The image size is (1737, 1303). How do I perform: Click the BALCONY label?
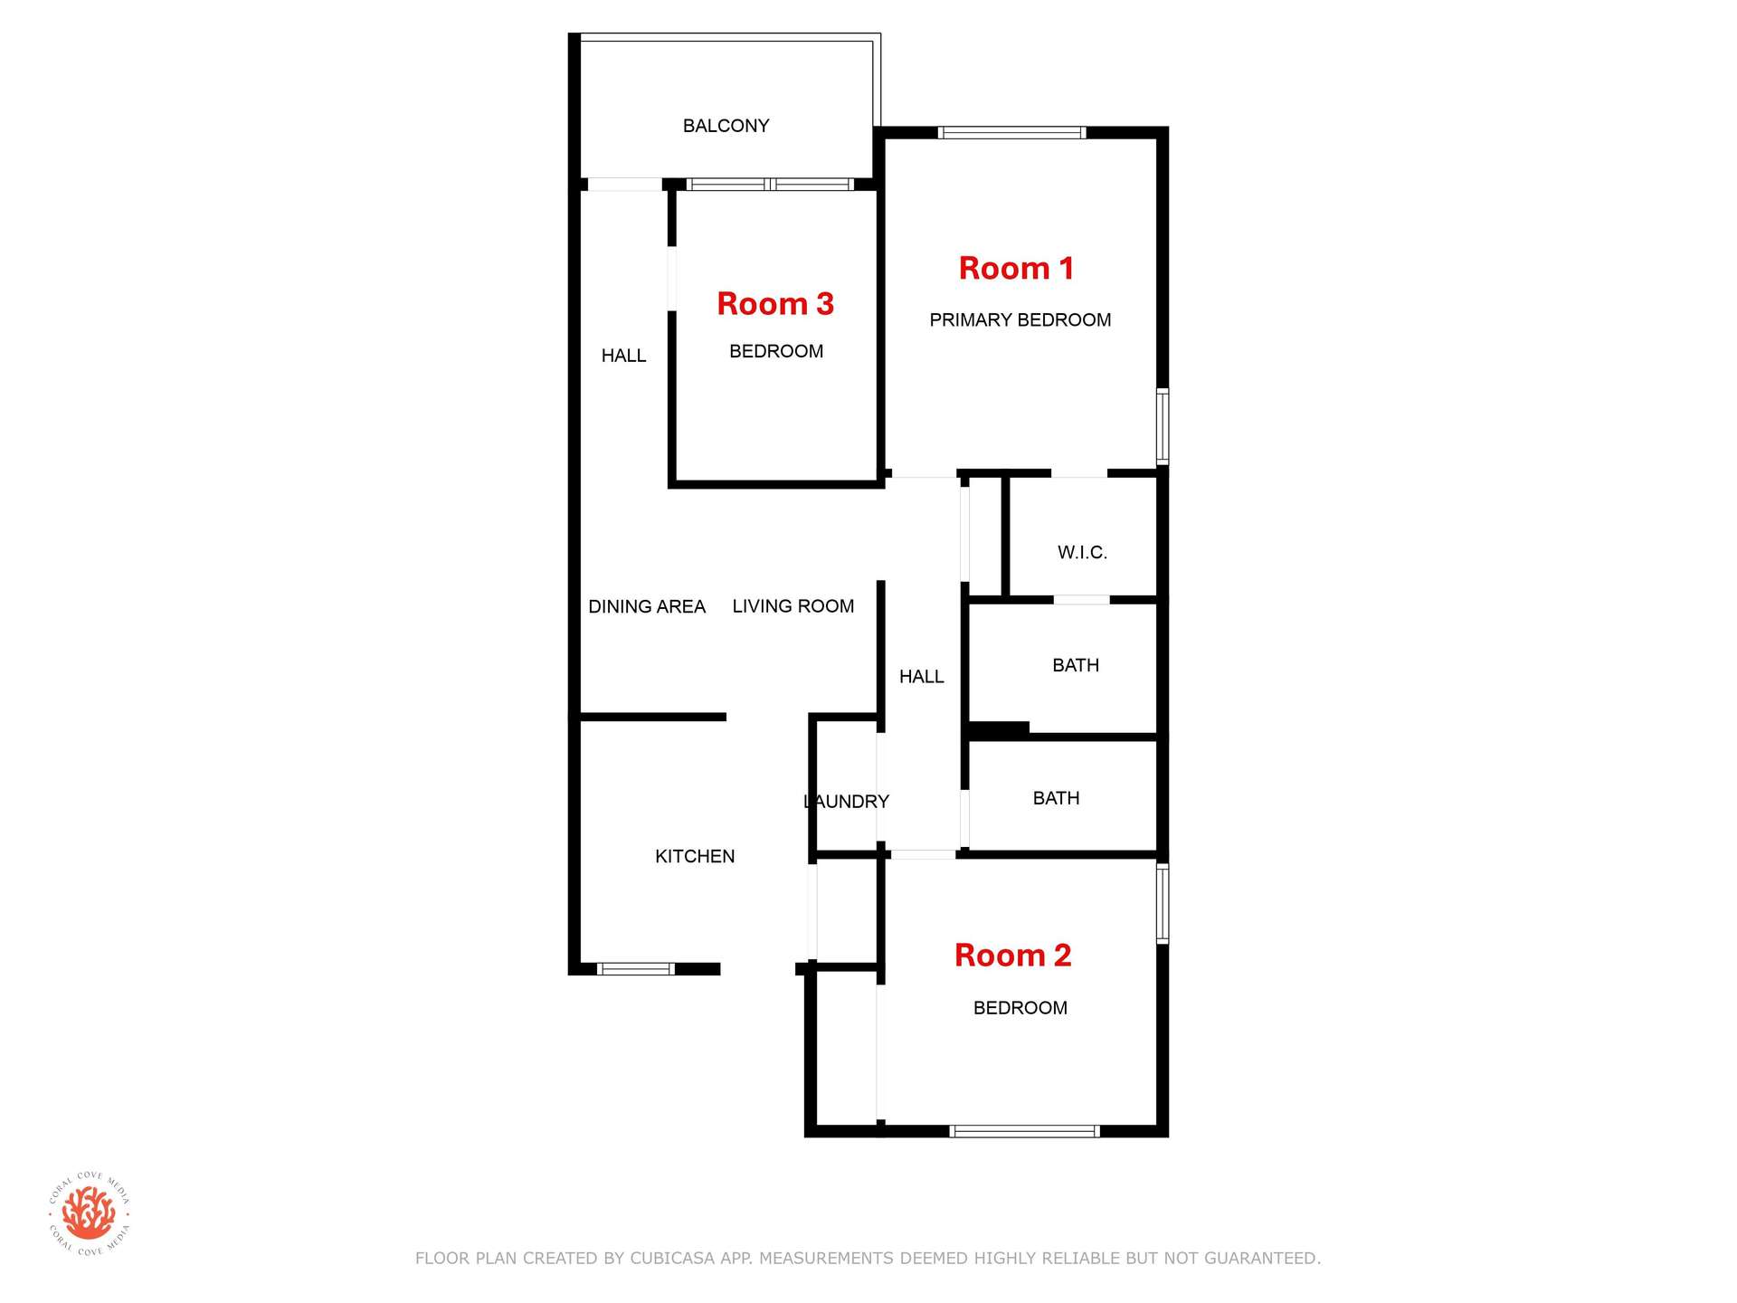coord(726,126)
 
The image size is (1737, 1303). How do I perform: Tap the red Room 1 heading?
coord(1016,268)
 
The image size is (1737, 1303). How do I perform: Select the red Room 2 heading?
coord(1012,955)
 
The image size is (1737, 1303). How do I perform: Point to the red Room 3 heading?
coord(775,303)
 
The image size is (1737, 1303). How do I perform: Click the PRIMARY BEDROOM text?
coord(1020,320)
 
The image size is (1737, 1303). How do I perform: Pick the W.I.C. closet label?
coord(1082,552)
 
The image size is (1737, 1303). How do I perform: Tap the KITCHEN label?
coord(695,856)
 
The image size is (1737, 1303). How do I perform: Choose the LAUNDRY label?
coord(847,802)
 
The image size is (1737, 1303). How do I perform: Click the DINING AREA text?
coord(647,606)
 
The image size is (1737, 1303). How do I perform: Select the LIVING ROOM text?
coord(793,606)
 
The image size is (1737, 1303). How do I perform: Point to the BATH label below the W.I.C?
coord(1076,665)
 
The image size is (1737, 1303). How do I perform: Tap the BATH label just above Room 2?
coord(1056,798)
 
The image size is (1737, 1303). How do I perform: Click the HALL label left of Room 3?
coord(623,356)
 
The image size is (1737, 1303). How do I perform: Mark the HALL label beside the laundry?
coord(921,677)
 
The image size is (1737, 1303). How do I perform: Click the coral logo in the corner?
coord(90,1213)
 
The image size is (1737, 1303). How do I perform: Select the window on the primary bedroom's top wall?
coord(1011,133)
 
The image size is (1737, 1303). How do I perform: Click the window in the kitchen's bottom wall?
coord(635,969)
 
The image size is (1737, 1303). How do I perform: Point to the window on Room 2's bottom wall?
coord(1024,1131)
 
